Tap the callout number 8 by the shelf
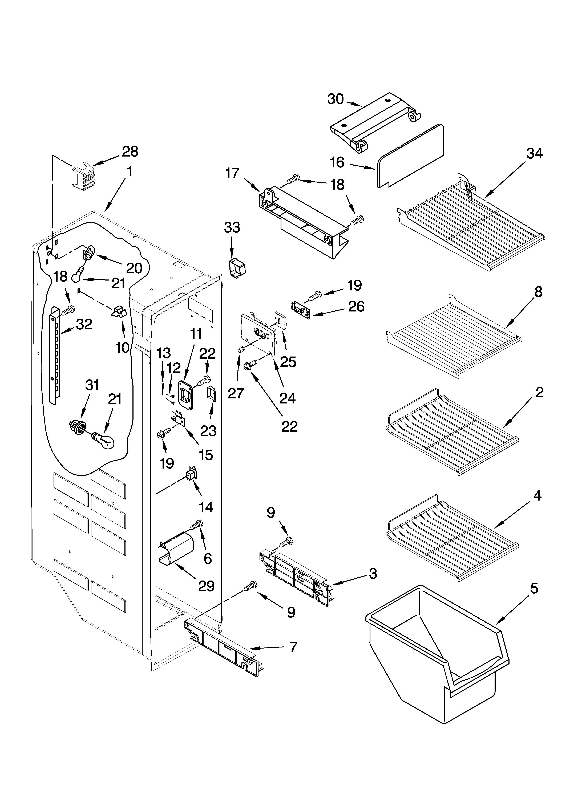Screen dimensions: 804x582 538,292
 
